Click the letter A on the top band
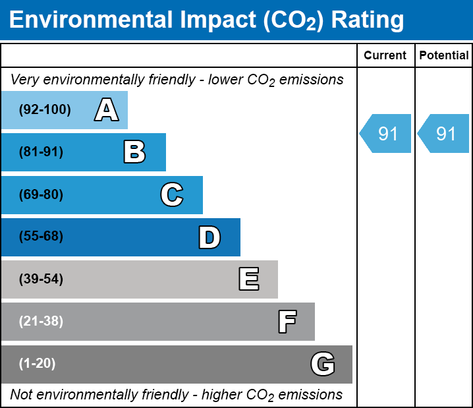pos(107,109)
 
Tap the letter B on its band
pos(134,152)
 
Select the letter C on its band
pos(172,194)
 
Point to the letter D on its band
pos(209,237)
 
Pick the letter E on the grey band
pos(249,279)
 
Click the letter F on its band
pos(287,322)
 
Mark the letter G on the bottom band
pos(323,364)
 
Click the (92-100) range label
pos(45,109)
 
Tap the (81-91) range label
pos(41,152)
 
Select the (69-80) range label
pos(41,194)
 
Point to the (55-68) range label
pos(41,236)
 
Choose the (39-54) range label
pos(41,279)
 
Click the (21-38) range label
pos(41,321)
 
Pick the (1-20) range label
pos(37,363)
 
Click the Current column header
pos(385,55)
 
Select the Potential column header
pos(444,55)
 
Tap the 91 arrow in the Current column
pos(385,133)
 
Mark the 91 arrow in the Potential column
pos(443,133)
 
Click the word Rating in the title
pos(368,20)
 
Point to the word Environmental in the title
pos(91,20)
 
